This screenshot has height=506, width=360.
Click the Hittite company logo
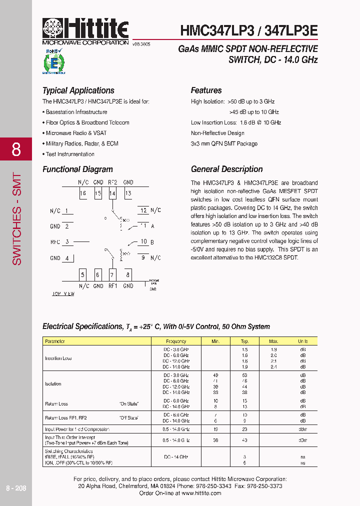click(85, 31)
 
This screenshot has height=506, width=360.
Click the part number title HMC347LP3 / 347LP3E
click(249, 30)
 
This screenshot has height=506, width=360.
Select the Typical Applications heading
click(78, 90)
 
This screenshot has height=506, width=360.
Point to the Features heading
click(206, 90)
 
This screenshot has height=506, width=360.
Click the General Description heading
click(226, 169)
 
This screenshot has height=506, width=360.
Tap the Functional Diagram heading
click(77, 169)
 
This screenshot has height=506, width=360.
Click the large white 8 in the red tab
click(16, 149)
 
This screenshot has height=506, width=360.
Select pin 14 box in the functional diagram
click(113, 193)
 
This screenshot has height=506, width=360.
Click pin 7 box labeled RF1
click(113, 274)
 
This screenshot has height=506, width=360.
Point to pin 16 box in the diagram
click(83, 193)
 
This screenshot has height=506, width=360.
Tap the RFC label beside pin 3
click(55, 242)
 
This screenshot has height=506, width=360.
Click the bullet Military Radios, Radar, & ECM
click(82, 143)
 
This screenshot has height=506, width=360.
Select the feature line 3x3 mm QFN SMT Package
click(224, 143)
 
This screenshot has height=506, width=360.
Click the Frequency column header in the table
click(175, 341)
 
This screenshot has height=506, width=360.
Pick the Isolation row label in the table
click(53, 384)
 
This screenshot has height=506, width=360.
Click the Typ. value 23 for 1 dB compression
click(244, 429)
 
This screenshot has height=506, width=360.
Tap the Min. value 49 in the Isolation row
click(215, 375)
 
